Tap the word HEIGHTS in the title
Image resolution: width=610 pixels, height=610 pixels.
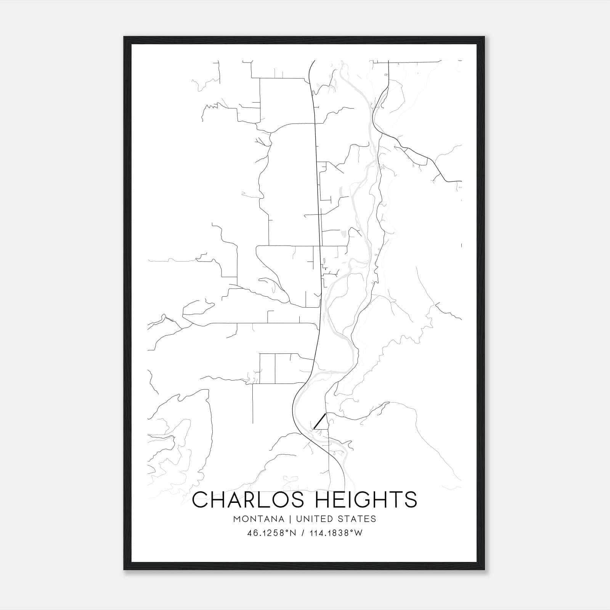[367, 500]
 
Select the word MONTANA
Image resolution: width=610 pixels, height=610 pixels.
[259, 519]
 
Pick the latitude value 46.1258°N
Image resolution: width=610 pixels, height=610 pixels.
[271, 533]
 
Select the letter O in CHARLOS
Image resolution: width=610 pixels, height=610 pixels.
[277, 500]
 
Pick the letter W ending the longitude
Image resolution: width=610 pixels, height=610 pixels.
[358, 533]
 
